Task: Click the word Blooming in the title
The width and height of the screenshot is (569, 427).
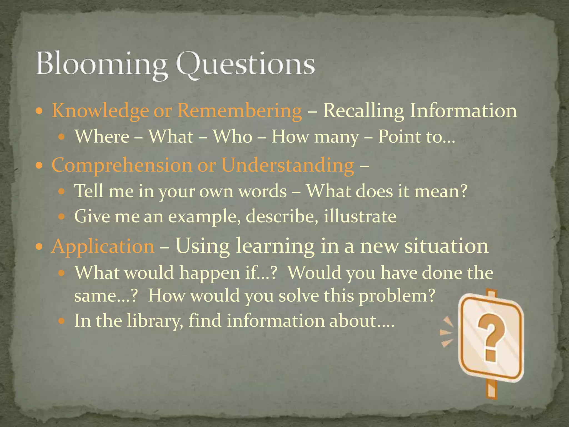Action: (101, 64)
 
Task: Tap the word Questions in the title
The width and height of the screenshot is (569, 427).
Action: (245, 64)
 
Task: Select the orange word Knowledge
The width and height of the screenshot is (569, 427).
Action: (100, 111)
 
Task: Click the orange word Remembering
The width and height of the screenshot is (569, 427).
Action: (239, 111)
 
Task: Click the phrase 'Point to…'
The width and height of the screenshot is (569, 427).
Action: (416, 137)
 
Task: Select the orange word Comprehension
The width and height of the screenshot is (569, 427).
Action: (122, 165)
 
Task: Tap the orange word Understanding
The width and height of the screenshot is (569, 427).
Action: (288, 165)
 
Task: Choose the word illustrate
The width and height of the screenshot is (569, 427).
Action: (360, 216)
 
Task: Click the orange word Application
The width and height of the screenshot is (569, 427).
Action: (103, 247)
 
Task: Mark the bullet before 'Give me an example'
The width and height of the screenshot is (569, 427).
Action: (62, 216)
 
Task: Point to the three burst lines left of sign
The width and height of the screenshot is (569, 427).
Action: (447, 332)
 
